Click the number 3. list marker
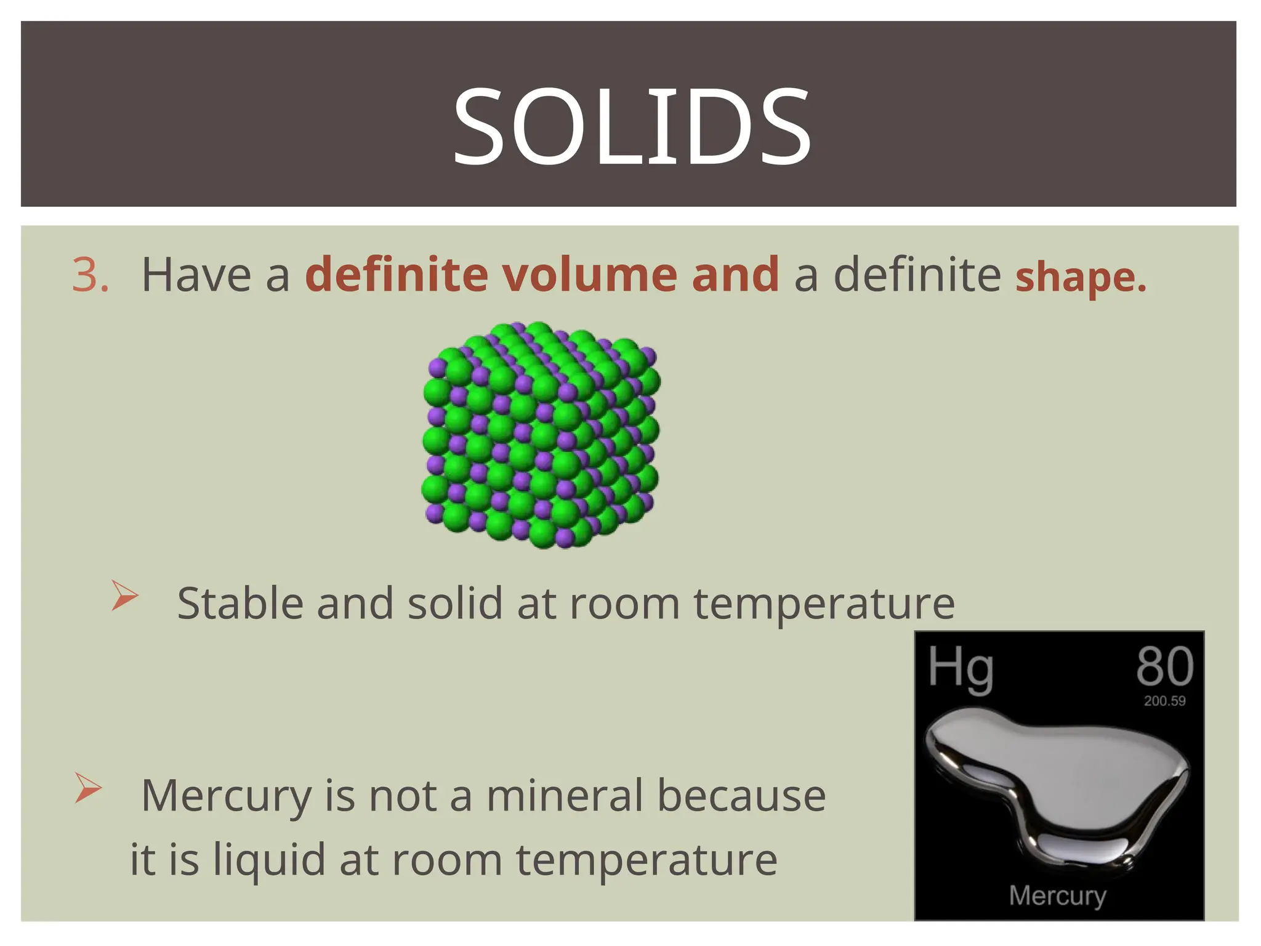click(90, 275)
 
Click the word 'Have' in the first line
click(196, 275)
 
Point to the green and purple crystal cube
click(541, 434)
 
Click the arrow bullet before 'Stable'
click(125, 596)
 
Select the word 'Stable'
click(240, 603)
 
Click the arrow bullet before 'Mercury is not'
click(88, 788)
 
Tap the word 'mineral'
click(565, 796)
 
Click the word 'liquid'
click(269, 860)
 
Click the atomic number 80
click(1164, 666)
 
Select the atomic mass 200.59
click(1164, 701)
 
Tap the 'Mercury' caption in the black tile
click(1057, 895)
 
